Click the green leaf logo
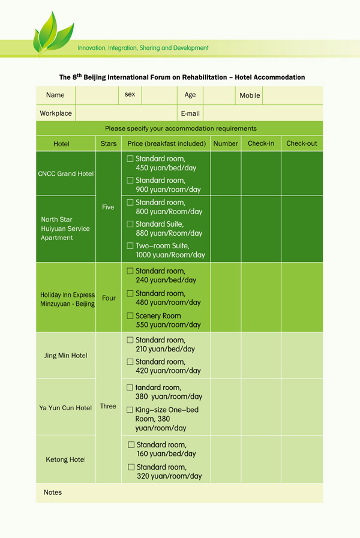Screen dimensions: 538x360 [53, 33]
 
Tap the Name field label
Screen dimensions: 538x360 [55, 95]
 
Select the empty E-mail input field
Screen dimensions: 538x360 [263, 113]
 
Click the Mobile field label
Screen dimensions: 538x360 [250, 95]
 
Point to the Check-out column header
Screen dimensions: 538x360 [301, 144]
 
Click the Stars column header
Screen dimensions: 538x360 [109, 144]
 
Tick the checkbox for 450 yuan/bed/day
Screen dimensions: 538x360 [130, 159]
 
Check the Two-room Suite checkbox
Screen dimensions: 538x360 [130, 246]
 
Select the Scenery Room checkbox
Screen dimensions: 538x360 [130, 315]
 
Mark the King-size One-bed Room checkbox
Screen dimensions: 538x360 [130, 410]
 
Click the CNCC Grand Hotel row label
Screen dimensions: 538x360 [66, 174]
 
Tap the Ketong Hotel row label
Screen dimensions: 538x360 [65, 460]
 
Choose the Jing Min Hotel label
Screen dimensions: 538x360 [65, 356]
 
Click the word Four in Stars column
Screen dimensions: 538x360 [109, 297]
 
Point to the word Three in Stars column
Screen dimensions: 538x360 [108, 406]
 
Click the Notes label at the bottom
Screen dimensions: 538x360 [53, 492]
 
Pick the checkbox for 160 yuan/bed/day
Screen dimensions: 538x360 [131, 445]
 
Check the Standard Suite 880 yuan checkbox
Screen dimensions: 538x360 [130, 224]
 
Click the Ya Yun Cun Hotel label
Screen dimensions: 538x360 [65, 408]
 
